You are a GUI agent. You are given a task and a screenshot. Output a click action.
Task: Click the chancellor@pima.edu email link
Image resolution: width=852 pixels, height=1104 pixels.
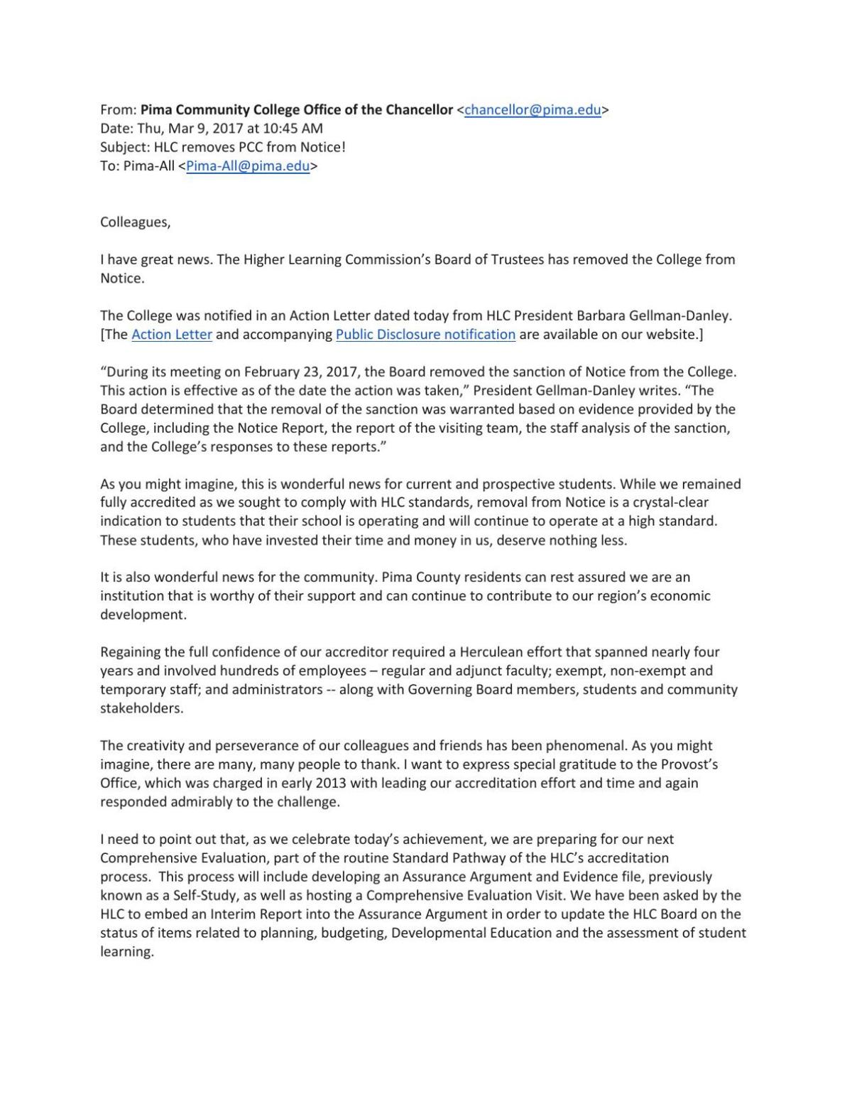[x=532, y=110]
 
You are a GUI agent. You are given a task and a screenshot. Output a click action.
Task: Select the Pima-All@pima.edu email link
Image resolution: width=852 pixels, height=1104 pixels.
[x=247, y=166]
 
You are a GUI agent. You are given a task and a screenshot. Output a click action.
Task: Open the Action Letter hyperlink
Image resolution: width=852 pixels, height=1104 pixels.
[x=171, y=335]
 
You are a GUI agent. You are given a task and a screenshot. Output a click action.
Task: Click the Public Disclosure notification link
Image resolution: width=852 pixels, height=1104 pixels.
[x=425, y=335]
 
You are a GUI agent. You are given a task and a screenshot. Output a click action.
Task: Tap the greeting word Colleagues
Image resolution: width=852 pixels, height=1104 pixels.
[x=135, y=222]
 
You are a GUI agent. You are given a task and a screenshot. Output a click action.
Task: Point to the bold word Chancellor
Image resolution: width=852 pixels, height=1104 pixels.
[x=419, y=110]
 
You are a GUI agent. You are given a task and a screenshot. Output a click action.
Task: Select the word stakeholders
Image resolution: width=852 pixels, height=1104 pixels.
[x=141, y=708]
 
